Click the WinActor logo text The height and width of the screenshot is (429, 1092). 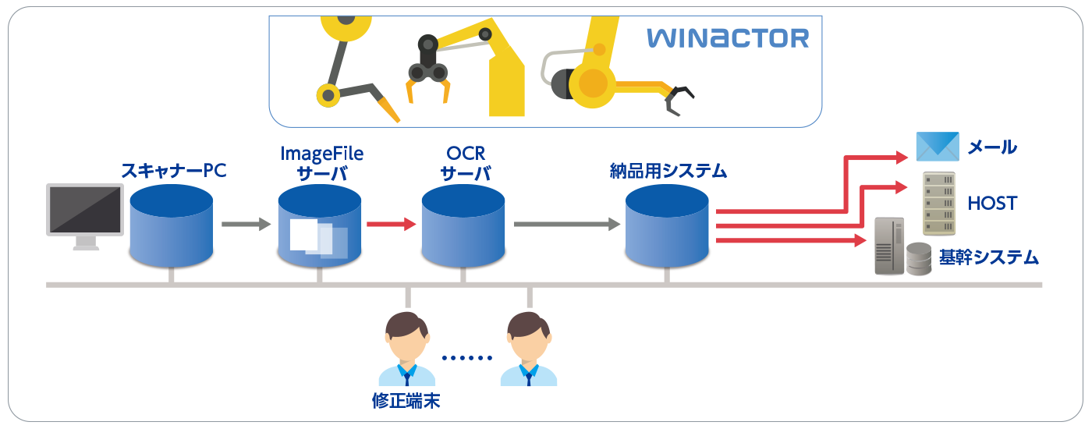click(x=727, y=38)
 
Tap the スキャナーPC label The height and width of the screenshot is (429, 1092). click(x=173, y=169)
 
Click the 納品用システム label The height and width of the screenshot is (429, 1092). click(x=668, y=169)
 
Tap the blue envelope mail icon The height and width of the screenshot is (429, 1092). click(x=937, y=146)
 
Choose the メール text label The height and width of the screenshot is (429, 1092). click(x=992, y=147)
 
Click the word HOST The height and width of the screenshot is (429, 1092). click(x=992, y=204)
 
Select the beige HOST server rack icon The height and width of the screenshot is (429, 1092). click(x=939, y=204)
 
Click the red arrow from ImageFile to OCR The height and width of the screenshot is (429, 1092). click(x=391, y=225)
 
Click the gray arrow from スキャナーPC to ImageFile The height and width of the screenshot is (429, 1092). click(x=245, y=225)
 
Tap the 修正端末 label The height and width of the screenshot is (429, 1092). click(x=406, y=401)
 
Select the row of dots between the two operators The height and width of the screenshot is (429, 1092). click(x=466, y=358)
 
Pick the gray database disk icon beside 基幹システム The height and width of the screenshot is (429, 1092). click(x=918, y=258)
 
